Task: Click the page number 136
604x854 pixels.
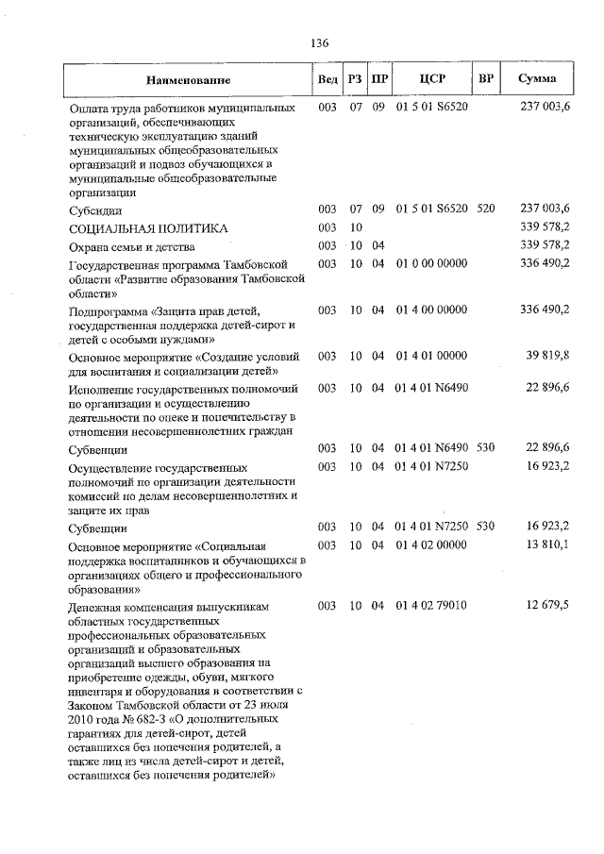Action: [319, 43]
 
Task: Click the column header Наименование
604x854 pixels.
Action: [189, 79]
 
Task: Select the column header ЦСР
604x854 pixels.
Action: [432, 78]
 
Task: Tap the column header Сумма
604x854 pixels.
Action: [537, 78]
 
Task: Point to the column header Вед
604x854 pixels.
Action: [327, 79]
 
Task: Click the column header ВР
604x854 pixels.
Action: [486, 78]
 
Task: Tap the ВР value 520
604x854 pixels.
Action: [486, 209]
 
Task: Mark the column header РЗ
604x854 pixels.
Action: [356, 79]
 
